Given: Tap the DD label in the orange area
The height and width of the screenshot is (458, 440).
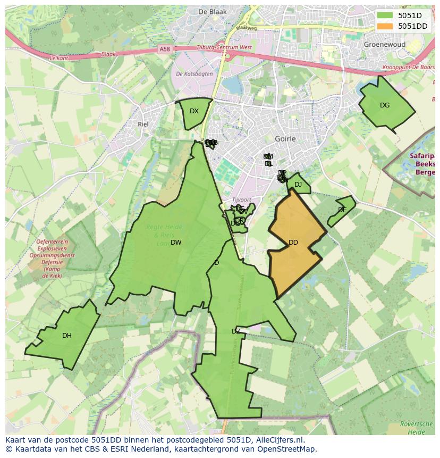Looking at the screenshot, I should (293, 243).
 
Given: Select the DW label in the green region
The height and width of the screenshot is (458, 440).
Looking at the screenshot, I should (176, 243).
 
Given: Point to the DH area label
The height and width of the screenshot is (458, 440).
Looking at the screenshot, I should (67, 336).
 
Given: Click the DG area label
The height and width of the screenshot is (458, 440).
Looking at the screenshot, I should (385, 105).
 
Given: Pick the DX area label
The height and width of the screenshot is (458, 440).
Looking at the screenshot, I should (194, 111).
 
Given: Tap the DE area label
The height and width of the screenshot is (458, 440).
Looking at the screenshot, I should (342, 210).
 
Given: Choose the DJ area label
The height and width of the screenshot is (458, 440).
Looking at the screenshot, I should (298, 185).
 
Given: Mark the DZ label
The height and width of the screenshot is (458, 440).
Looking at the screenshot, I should (236, 331).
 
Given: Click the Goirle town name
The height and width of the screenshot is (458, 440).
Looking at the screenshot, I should (285, 139).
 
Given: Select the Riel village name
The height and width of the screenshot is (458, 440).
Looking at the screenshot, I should (142, 124).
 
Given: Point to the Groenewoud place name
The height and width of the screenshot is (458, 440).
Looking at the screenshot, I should (384, 45).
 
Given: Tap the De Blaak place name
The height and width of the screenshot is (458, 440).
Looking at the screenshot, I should (212, 12).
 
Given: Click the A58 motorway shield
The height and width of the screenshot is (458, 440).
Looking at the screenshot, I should (165, 49).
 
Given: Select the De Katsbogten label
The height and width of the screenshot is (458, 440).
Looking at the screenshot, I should (194, 74).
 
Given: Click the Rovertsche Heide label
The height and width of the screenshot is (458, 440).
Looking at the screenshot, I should (417, 427).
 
